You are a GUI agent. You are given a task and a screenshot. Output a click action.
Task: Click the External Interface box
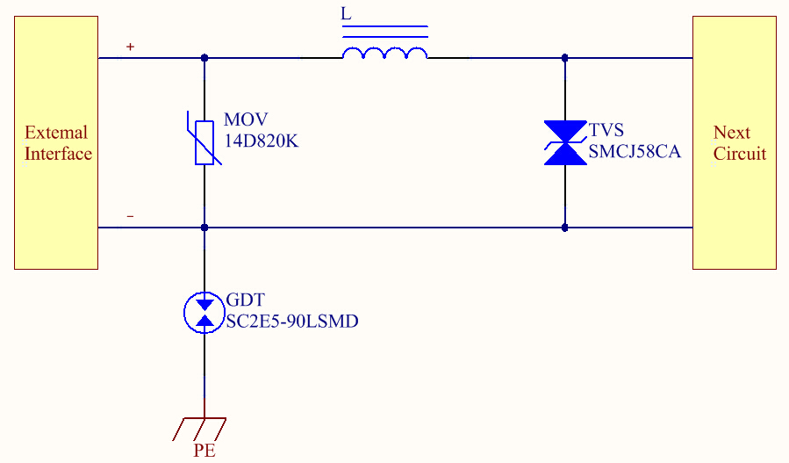pos(56,142)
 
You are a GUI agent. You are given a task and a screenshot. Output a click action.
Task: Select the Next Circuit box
pos(735,142)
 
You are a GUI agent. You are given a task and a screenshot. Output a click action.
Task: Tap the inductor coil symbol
pos(384,54)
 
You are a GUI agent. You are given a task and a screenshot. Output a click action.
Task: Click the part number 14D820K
pos(262,140)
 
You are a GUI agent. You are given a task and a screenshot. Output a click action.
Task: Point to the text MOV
pos(246,119)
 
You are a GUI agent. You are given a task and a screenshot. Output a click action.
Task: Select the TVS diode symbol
pos(564,142)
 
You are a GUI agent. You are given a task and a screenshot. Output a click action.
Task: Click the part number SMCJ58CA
pos(635,152)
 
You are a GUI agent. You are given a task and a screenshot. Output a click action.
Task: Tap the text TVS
pos(606,131)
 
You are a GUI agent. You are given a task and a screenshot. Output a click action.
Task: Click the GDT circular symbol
pos(204,312)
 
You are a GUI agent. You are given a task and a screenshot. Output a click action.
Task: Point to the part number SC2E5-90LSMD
pos(292,322)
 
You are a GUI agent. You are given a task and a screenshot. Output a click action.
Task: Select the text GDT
pos(245,300)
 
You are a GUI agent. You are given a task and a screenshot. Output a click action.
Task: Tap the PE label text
pos(204,452)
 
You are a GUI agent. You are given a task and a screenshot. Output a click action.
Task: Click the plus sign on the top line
pos(131,47)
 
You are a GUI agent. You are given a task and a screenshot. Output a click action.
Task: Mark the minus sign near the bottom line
pos(131,216)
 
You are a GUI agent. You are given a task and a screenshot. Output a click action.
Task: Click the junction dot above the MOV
pos(204,58)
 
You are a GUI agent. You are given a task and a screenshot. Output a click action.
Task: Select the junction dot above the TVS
pos(564,58)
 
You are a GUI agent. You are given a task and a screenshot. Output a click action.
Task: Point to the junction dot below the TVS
pos(564,228)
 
